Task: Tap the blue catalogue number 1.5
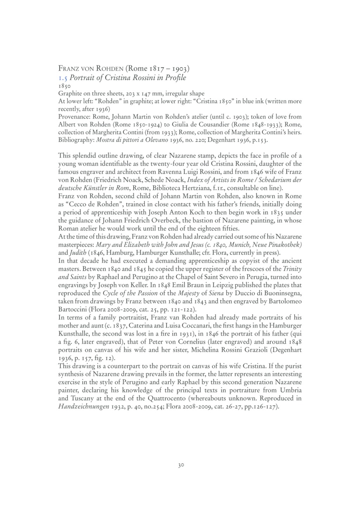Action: (x=63, y=77)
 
